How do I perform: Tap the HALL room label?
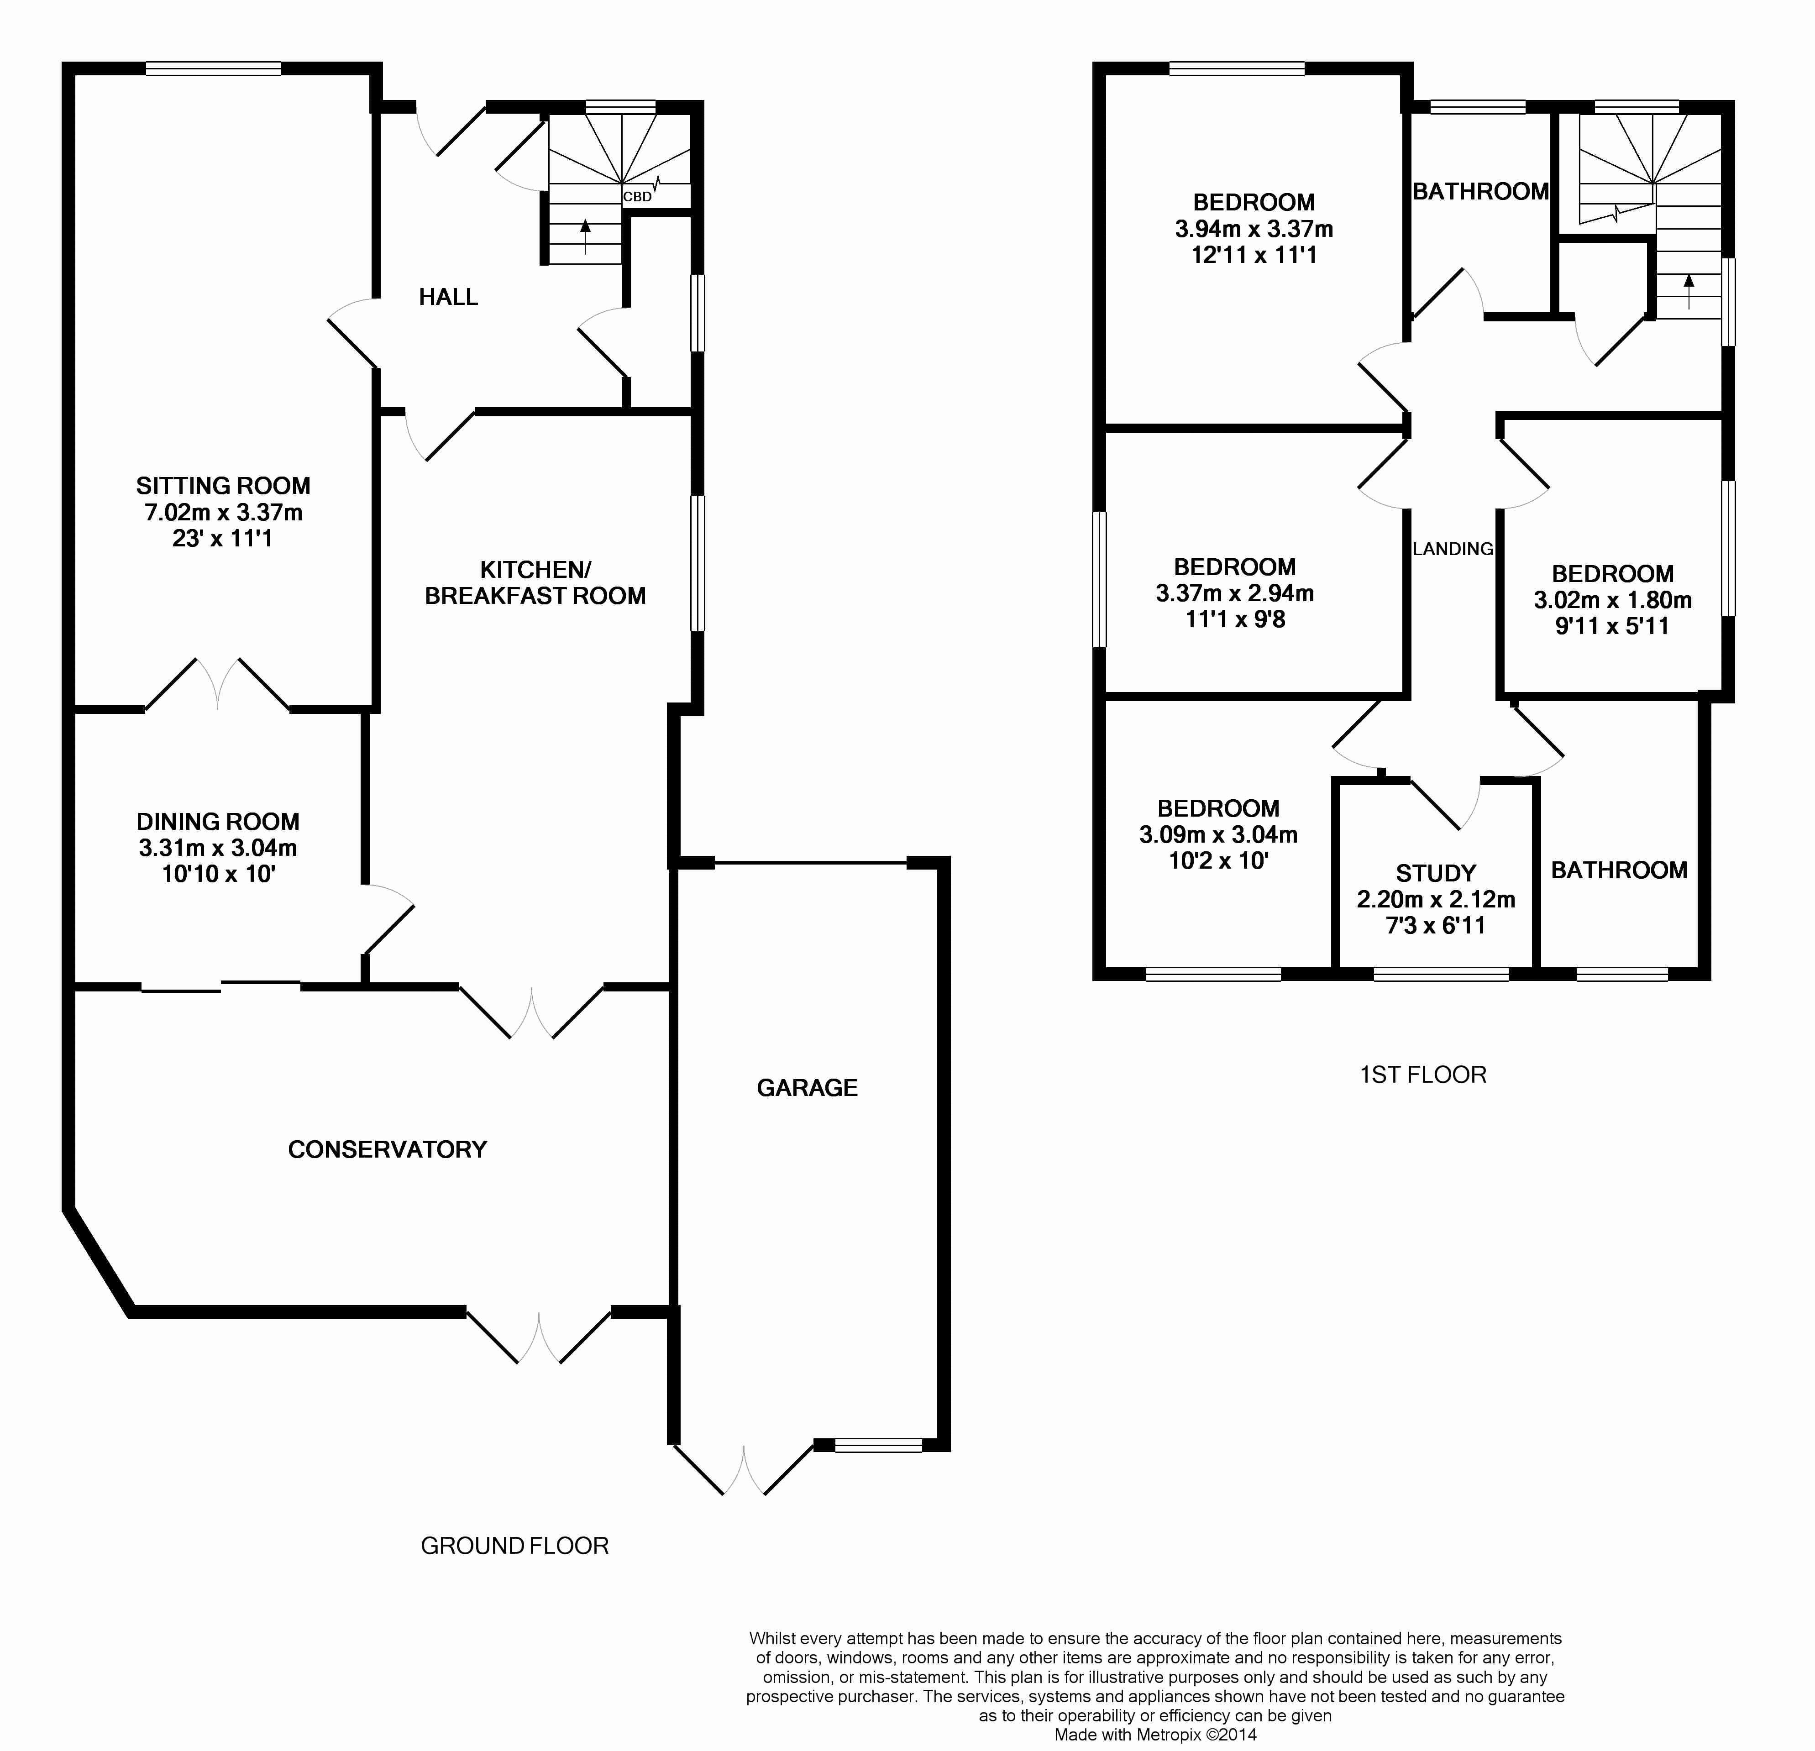click(x=448, y=297)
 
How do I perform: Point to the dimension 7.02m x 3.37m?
click(x=223, y=512)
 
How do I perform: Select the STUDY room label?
click(x=1435, y=873)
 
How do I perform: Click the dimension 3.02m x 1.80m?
click(x=1612, y=600)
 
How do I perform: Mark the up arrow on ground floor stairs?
click(x=584, y=237)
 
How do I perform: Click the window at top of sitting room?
click(x=214, y=68)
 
